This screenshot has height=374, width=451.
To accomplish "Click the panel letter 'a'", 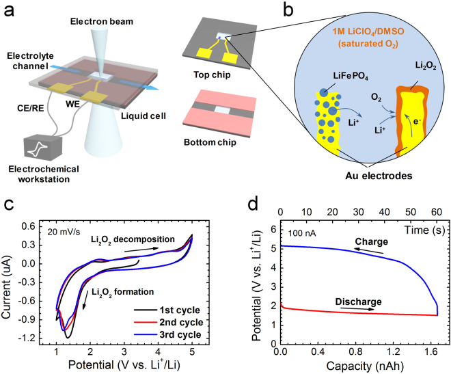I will (9, 9).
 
